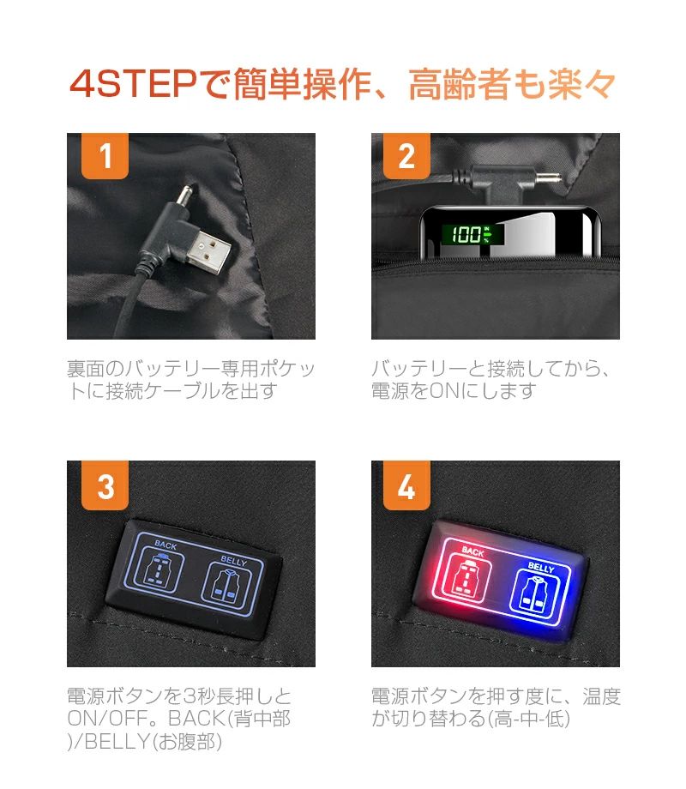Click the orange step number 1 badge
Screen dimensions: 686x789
coord(105,155)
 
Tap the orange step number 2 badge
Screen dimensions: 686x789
coord(406,155)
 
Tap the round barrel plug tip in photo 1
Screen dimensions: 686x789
coord(185,196)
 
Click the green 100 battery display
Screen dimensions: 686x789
coord(472,234)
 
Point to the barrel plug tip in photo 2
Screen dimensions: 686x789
coord(548,178)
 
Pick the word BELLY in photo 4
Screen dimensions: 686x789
coord(541,568)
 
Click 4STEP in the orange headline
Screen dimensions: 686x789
coord(133,83)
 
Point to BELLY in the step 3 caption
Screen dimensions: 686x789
coord(116,742)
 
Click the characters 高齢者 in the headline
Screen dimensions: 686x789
coord(460,84)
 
